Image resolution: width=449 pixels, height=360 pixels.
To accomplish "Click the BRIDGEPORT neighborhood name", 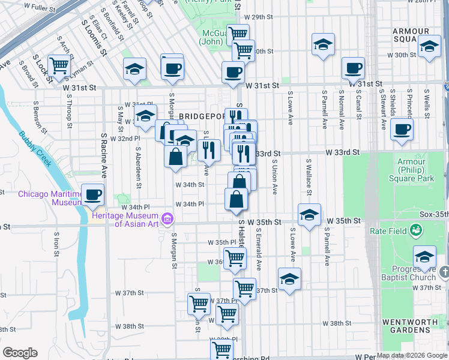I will [200, 115].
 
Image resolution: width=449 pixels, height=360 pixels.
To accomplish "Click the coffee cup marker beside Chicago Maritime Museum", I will [93, 194].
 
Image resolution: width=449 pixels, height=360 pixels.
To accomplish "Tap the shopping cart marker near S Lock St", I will [59, 65].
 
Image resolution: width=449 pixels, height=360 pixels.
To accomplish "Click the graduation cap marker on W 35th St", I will [309, 214].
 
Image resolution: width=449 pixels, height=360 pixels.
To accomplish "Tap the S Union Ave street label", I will [275, 177].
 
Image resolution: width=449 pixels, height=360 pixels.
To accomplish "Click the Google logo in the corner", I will [19, 353].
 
